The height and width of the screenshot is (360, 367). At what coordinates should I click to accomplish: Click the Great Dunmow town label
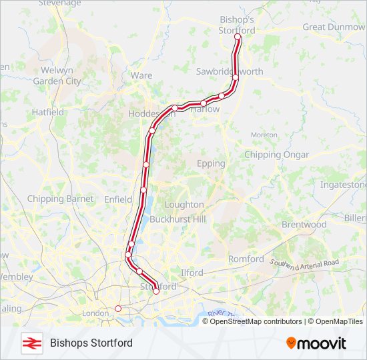coord(334,27)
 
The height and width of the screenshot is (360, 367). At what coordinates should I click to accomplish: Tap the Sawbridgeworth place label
coord(230,71)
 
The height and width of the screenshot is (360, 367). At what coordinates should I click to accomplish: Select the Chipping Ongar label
coord(277,155)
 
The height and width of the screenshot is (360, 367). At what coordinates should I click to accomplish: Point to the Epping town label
coord(211,163)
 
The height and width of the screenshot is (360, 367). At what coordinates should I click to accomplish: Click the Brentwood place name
coord(304,225)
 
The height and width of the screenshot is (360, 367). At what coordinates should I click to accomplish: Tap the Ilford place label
coord(192,273)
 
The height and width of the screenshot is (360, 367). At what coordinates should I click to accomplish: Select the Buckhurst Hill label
coord(177,219)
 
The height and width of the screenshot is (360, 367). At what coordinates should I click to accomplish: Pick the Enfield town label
coord(119,199)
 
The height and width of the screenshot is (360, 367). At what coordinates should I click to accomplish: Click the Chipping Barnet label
coord(61,199)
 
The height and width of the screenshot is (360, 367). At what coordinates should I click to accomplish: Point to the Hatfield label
coord(48,113)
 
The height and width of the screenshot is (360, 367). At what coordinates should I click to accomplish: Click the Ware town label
coord(141,75)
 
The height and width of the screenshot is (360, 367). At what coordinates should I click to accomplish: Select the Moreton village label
coord(264,135)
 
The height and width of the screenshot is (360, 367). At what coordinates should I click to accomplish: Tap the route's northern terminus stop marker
coord(238,38)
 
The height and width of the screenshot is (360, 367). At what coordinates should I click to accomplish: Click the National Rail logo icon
coord(31,343)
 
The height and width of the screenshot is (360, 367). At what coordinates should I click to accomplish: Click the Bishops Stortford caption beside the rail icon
coord(91,343)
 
